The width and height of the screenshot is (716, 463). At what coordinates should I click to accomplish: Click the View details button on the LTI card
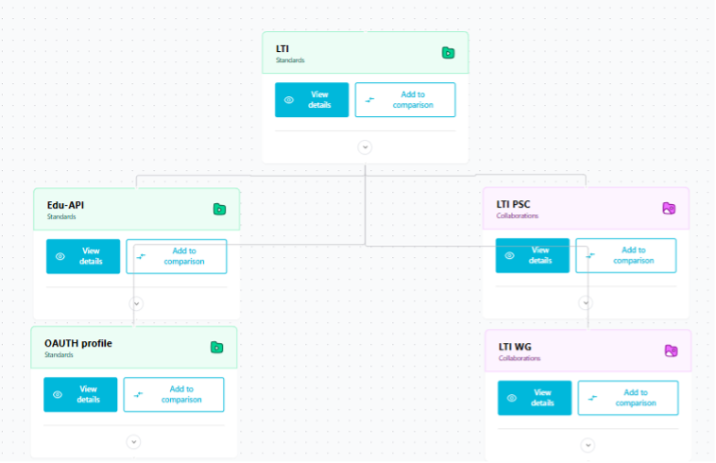click(x=312, y=99)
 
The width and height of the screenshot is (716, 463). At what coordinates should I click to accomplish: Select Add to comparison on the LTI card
click(x=405, y=99)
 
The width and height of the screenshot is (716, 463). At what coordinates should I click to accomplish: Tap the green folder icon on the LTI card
click(x=448, y=53)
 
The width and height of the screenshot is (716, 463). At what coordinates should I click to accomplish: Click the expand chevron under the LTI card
click(x=365, y=147)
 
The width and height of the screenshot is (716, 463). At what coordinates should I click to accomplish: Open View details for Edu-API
click(x=83, y=256)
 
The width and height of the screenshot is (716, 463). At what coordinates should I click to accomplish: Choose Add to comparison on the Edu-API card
click(x=177, y=256)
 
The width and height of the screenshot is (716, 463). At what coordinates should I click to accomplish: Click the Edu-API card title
click(x=65, y=205)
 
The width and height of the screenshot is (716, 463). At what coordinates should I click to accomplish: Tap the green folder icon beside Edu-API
click(x=219, y=209)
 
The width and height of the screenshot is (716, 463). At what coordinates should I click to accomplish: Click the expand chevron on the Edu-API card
click(x=136, y=303)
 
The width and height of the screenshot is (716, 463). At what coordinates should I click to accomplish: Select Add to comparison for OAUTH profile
click(x=174, y=395)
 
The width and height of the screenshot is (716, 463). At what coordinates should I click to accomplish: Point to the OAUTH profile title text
click(x=78, y=343)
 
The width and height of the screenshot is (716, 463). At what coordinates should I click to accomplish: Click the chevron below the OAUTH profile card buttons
click(x=133, y=442)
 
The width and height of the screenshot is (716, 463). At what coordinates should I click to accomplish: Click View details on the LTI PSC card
click(x=533, y=255)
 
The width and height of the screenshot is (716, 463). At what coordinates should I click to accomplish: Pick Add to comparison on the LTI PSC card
click(x=625, y=255)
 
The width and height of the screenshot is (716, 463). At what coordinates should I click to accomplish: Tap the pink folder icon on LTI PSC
click(x=669, y=209)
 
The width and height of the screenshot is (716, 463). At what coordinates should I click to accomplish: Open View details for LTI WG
click(x=535, y=398)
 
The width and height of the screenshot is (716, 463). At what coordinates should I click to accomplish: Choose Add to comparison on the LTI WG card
click(x=628, y=398)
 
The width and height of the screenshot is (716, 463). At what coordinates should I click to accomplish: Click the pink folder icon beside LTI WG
click(x=671, y=352)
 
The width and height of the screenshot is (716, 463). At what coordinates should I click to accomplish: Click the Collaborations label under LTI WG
click(x=520, y=358)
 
